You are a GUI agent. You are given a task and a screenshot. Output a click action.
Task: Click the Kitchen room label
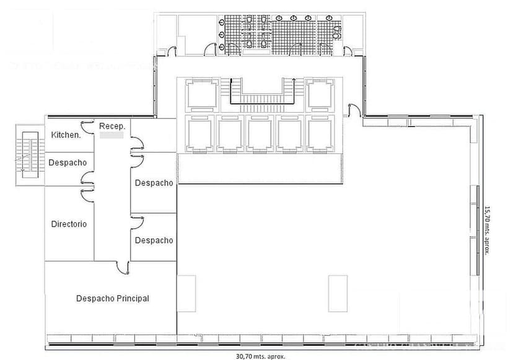coord(66,134)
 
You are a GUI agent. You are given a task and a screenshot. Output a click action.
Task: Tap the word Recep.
coord(113,126)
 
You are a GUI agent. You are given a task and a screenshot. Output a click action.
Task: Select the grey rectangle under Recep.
coord(112,134)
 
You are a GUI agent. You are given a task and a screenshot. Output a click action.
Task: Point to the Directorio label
coord(69,224)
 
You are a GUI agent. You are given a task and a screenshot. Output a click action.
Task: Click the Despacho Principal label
coord(113,298)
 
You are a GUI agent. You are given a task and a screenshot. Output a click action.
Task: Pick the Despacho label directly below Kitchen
coord(68,162)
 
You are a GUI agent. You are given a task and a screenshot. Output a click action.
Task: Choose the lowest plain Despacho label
coord(154,240)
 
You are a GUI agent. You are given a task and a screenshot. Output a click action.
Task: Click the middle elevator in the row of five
coord(261,133)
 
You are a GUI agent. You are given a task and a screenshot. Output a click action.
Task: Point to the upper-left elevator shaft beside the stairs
coord(202,94)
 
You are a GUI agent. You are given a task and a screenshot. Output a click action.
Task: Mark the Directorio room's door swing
coord(86,193)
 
